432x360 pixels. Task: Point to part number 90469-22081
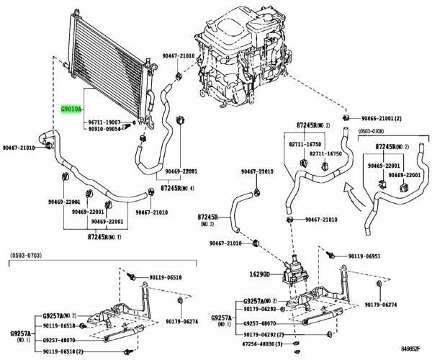coord(180,172)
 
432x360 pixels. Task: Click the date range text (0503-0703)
coord(27,256)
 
